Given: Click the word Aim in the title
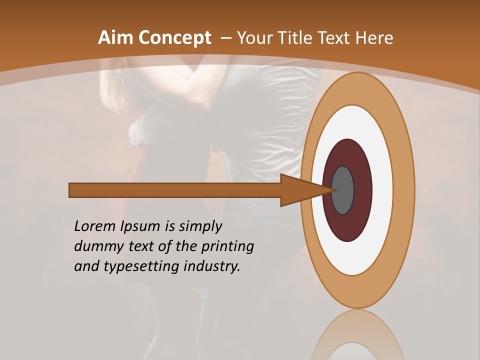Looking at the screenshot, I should point(116,38).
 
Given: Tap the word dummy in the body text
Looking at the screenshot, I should point(97,246).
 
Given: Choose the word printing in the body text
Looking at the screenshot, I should point(228,247).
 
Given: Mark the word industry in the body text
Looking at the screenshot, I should point(212,266).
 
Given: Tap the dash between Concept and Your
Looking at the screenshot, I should point(226,38).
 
